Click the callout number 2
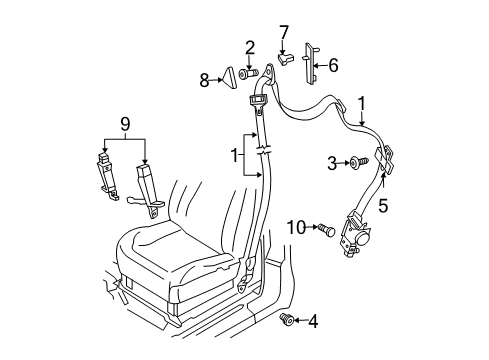[250, 46]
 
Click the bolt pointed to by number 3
[355, 162]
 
